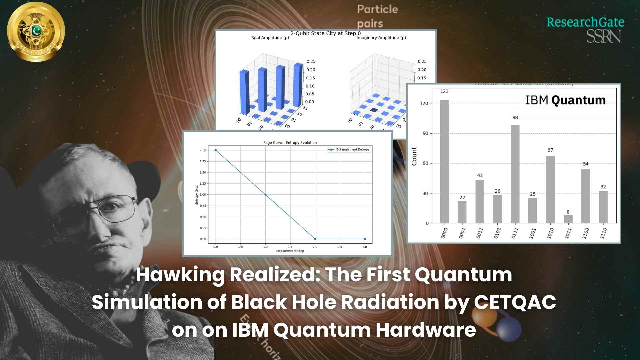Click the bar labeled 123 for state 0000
click(x=444, y=162)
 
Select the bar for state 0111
click(x=515, y=174)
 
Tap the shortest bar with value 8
click(x=568, y=219)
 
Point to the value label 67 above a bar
click(x=550, y=150)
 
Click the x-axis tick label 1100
click(x=585, y=233)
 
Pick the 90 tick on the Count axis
click(x=425, y=133)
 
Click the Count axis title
click(x=414, y=156)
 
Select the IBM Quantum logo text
click(x=565, y=100)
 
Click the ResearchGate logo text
click(x=585, y=22)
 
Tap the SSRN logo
click(x=603, y=36)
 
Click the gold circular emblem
click(x=36, y=32)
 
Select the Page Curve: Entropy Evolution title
click(x=290, y=143)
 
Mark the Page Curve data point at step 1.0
click(x=265, y=195)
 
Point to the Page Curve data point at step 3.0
click(x=365, y=239)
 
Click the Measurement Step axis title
click(x=290, y=251)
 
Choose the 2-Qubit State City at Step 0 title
click(x=325, y=33)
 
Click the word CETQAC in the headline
click(x=515, y=302)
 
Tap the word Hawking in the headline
click(x=180, y=275)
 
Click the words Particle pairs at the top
click(x=377, y=16)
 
